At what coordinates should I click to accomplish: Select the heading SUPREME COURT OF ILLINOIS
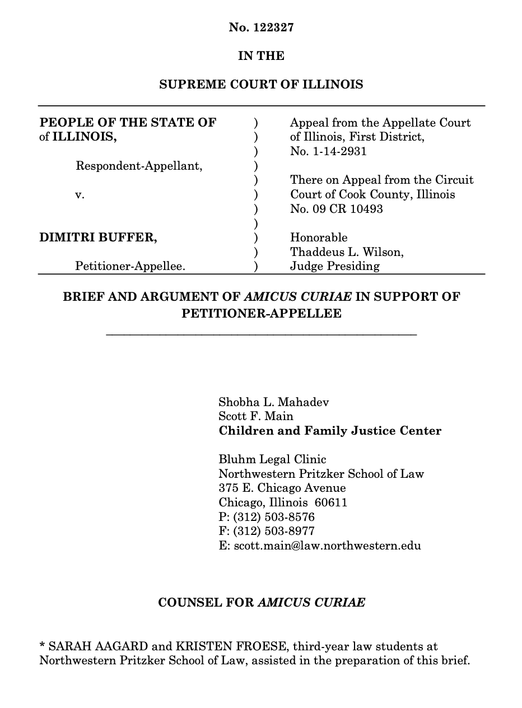261,85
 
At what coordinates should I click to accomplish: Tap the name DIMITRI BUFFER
98,237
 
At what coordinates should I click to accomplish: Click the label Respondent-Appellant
139,166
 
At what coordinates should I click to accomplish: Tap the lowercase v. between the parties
80,195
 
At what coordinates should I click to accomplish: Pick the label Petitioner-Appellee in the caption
130,267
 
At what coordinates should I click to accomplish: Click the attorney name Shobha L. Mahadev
273,402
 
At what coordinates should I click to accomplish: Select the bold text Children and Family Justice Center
330,431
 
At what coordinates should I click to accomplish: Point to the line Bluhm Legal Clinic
272,460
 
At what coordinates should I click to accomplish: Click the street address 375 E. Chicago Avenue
282,488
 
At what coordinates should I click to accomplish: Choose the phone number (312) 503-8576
274,516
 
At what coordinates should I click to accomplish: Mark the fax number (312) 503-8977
274,530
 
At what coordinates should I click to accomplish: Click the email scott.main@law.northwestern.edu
327,545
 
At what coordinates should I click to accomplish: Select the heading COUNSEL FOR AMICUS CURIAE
262,603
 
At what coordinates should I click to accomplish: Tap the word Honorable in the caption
319,237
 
